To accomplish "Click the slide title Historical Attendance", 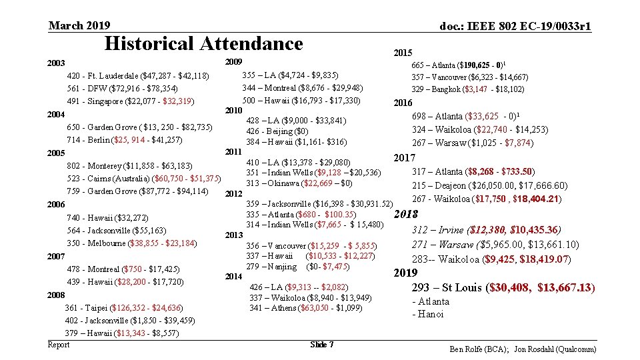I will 204,44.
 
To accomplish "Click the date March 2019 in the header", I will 79,25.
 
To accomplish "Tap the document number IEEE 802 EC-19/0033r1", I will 515,26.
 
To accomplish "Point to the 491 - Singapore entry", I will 131,101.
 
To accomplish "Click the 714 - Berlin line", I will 125,139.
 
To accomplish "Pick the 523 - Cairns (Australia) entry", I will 144,178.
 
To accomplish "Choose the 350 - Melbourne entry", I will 131,243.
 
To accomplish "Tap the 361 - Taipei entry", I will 124,307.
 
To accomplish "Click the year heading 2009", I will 233,61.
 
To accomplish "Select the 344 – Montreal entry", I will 302,88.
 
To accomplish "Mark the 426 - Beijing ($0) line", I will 277,131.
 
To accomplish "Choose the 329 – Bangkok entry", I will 467,89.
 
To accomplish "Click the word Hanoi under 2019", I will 430,314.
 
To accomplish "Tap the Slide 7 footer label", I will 322,345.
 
